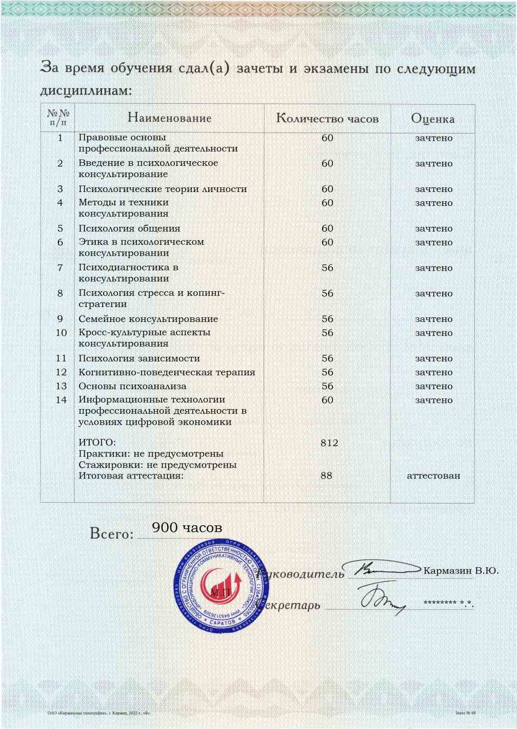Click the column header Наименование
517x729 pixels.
point(169,118)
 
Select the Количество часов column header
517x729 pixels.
point(327,119)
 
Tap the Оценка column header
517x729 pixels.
point(432,119)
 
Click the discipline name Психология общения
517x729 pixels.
point(129,228)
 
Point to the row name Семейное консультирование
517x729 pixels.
point(148,319)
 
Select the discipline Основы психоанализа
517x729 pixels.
point(132,386)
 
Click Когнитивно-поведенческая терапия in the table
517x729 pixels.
point(167,372)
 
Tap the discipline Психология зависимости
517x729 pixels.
point(139,358)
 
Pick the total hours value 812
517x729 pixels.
point(329,443)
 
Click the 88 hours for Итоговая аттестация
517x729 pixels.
point(326,475)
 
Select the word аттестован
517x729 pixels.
point(433,475)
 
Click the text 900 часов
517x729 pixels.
point(187,527)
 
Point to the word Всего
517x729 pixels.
point(111,534)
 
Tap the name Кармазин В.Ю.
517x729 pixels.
point(461,570)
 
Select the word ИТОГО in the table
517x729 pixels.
point(97,443)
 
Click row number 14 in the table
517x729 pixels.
point(61,400)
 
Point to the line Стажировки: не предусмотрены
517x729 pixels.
point(157,465)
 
